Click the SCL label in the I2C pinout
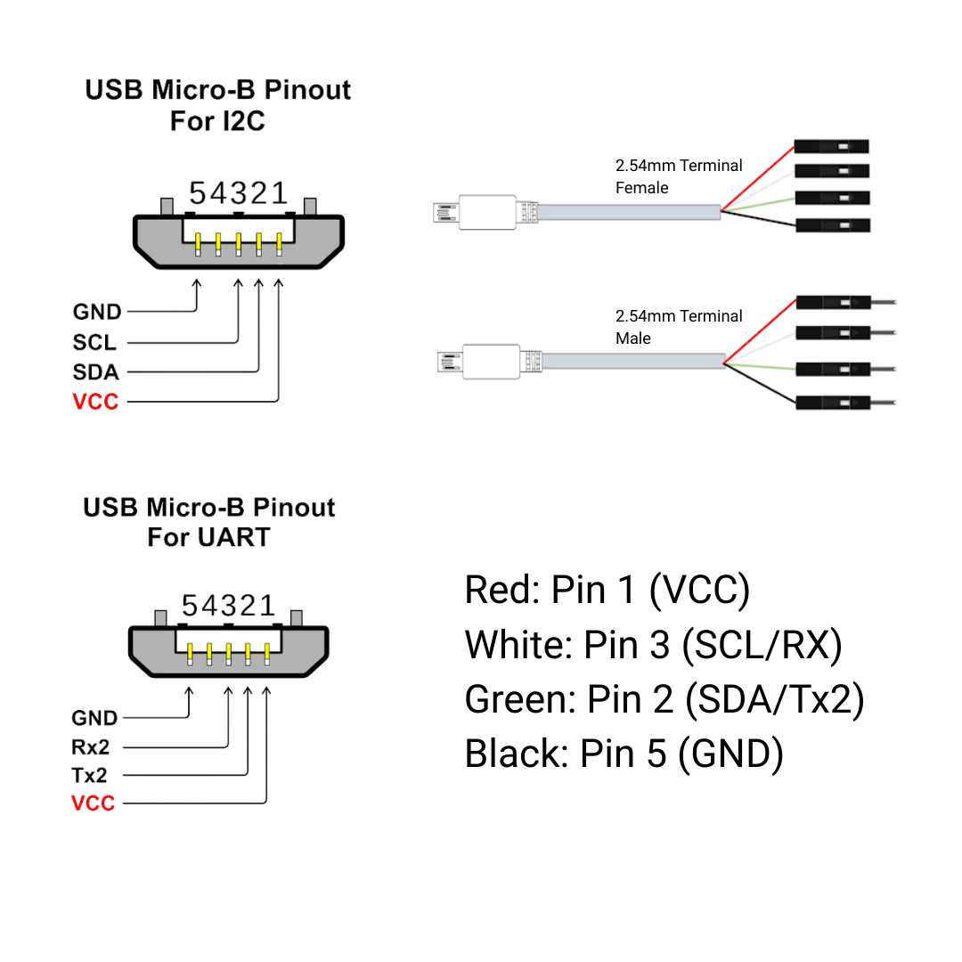point(94,342)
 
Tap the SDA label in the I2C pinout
point(95,371)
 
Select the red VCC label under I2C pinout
point(95,402)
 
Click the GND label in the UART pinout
point(94,718)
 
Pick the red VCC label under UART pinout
point(94,803)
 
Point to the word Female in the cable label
point(641,188)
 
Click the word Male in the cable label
point(633,338)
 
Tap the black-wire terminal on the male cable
point(832,403)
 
